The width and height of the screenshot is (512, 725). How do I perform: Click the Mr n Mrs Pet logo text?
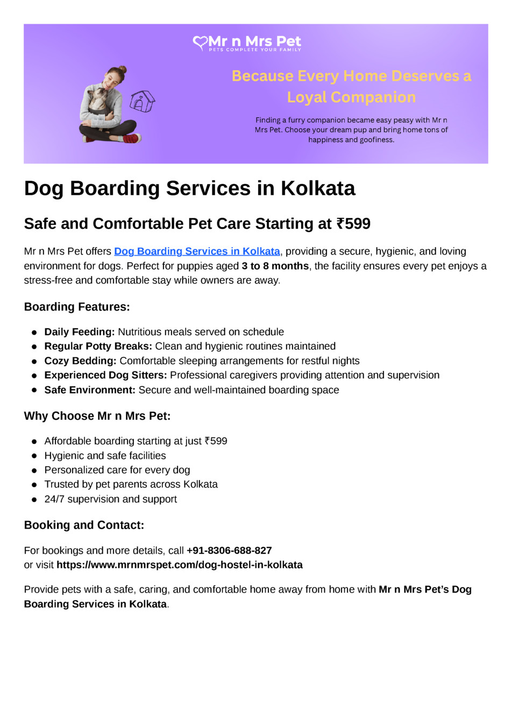[254, 41]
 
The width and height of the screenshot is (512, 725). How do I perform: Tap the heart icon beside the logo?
[200, 43]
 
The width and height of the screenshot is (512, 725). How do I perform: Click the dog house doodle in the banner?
[142, 101]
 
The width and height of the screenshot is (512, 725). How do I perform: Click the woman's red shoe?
[130, 138]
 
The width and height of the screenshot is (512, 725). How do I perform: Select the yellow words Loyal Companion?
[351, 97]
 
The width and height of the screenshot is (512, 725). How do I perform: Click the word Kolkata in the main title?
[318, 188]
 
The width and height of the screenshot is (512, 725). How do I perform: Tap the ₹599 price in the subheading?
[353, 224]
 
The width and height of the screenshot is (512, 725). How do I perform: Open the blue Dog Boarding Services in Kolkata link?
[197, 251]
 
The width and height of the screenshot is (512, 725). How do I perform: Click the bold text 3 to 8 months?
[275, 266]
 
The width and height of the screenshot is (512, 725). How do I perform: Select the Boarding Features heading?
[77, 307]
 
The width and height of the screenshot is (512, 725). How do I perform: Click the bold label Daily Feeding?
[80, 332]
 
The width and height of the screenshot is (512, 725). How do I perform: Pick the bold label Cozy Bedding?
[80, 361]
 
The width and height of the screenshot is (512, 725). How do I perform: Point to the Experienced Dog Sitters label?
[105, 375]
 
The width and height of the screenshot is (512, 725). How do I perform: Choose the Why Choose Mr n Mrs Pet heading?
[97, 416]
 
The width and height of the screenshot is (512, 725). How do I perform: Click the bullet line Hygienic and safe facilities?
[105, 456]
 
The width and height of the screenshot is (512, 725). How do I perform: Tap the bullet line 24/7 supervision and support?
[110, 499]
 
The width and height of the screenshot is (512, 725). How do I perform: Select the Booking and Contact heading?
[84, 525]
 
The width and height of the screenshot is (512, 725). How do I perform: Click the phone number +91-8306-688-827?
[229, 551]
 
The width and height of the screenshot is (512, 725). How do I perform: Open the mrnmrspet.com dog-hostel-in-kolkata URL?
[180, 565]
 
